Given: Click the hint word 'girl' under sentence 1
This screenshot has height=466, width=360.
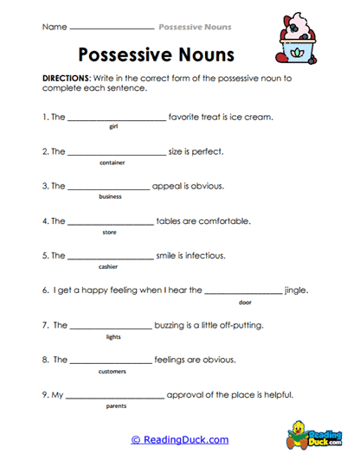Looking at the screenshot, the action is (x=113, y=126).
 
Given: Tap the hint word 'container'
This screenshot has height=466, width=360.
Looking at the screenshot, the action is (x=112, y=162).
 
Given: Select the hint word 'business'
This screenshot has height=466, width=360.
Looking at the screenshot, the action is (x=110, y=196).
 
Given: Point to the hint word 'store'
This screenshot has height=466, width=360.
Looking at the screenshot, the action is (x=109, y=232).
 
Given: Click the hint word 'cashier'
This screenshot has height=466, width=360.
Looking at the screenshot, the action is (x=108, y=266).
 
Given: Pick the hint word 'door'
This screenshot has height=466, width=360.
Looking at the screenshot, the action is (x=245, y=302).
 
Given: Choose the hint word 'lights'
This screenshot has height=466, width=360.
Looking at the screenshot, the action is (x=112, y=336).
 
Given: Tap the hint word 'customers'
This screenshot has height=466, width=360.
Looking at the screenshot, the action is (x=112, y=371).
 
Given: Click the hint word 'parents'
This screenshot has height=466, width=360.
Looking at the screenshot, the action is (x=116, y=405).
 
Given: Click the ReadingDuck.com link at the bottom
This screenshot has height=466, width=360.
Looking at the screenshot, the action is (x=179, y=440).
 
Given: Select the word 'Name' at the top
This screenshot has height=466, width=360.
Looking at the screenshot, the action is (x=54, y=27).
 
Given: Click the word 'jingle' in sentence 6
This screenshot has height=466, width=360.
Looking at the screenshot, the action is (x=296, y=290).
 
